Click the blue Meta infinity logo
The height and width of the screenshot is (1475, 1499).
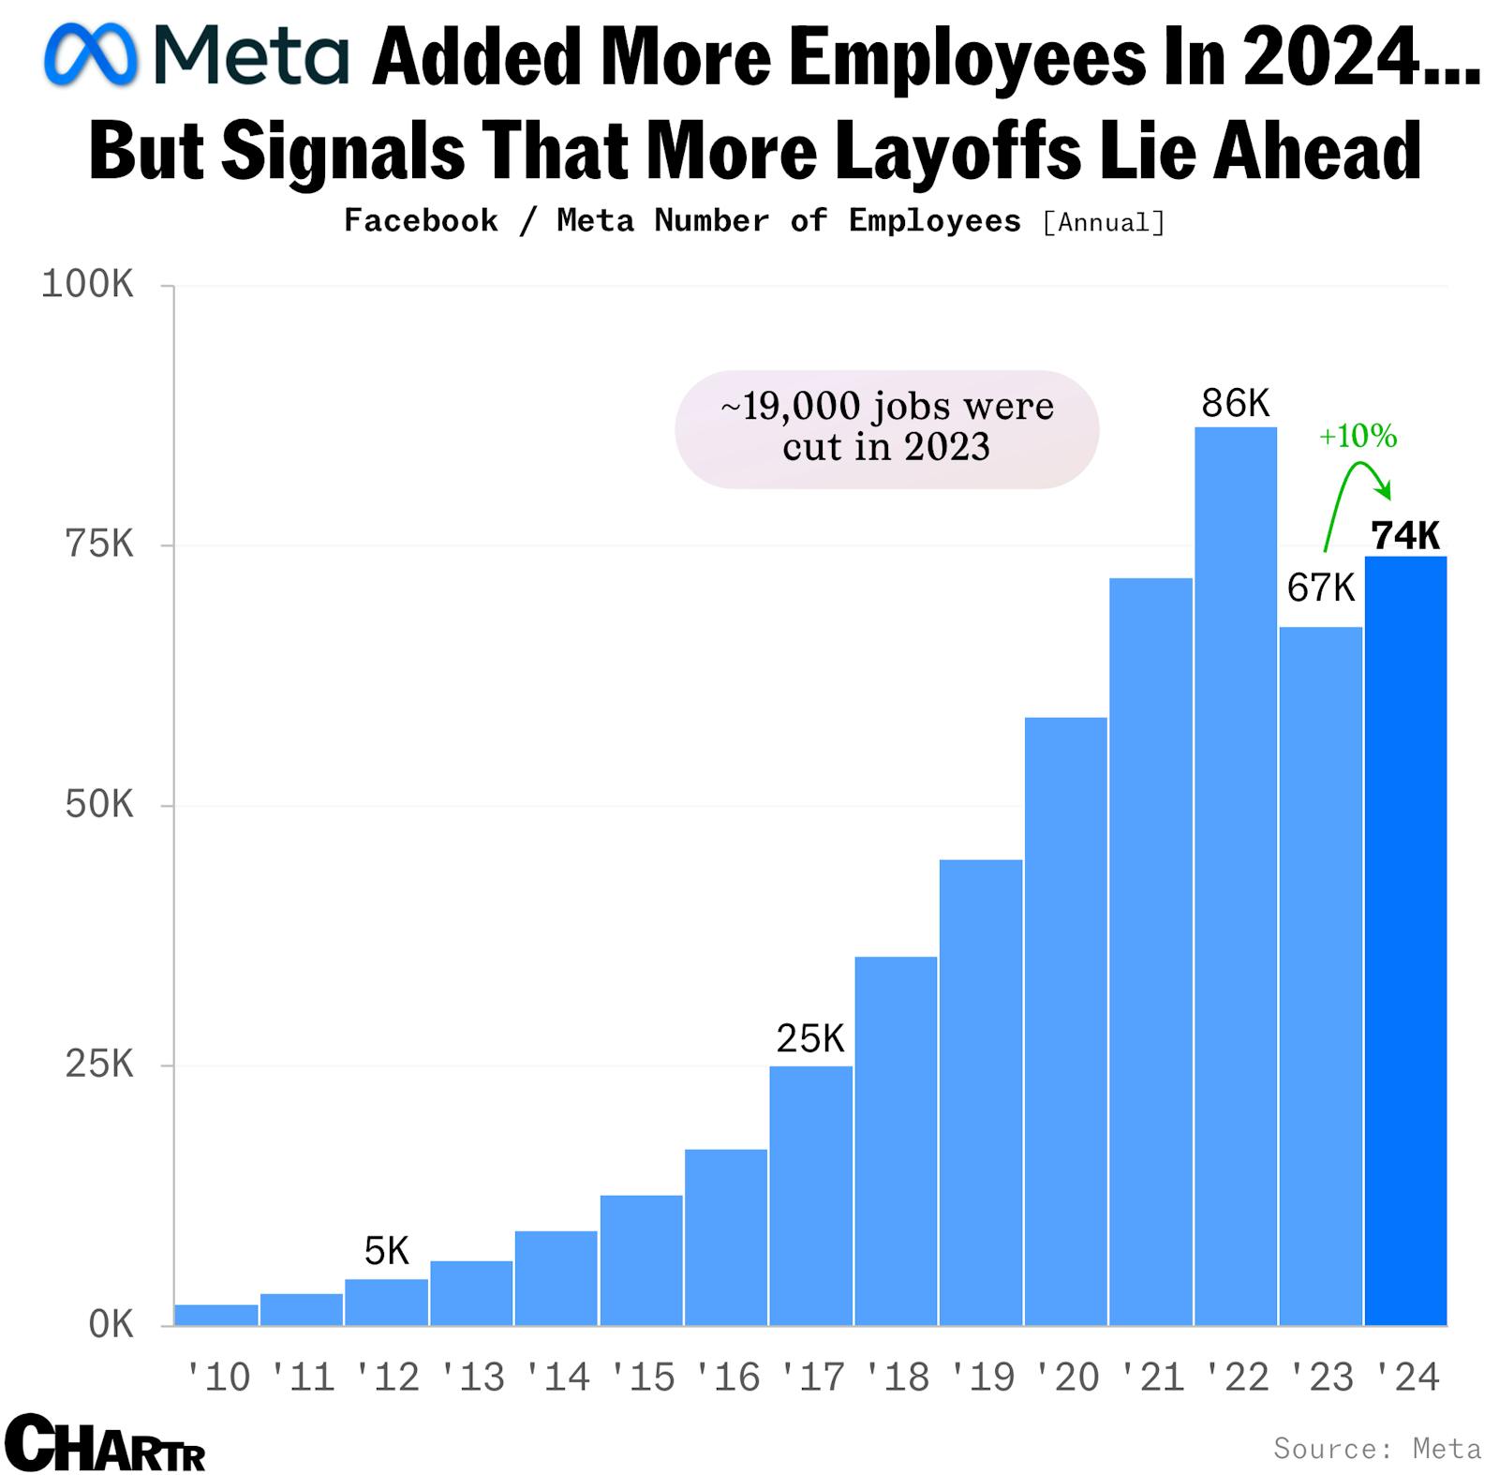pyautogui.click(x=91, y=54)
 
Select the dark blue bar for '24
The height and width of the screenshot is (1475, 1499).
pyautogui.click(x=1405, y=937)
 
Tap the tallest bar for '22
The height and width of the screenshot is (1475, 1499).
pyautogui.click(x=1235, y=872)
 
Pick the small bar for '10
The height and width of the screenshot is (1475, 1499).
pyautogui.click(x=216, y=1314)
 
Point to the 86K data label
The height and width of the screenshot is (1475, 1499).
pyautogui.click(x=1235, y=403)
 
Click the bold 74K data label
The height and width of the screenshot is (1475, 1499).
pyautogui.click(x=1404, y=535)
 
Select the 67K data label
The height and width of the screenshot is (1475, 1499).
pyautogui.click(x=1320, y=588)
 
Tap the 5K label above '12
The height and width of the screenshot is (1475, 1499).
pyautogui.click(x=386, y=1250)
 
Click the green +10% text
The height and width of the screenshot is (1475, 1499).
pyautogui.click(x=1358, y=436)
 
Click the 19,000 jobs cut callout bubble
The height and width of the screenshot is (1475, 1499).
pyautogui.click(x=886, y=427)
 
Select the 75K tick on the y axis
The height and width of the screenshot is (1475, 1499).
pyautogui.click(x=99, y=544)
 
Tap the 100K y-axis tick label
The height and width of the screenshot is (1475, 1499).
pyautogui.click(x=88, y=284)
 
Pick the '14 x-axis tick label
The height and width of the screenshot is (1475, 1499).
pyautogui.click(x=557, y=1377)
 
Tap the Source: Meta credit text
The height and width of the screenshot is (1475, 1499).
pyautogui.click(x=1376, y=1448)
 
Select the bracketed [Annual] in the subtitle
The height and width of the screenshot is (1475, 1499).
pyautogui.click(x=1104, y=222)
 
